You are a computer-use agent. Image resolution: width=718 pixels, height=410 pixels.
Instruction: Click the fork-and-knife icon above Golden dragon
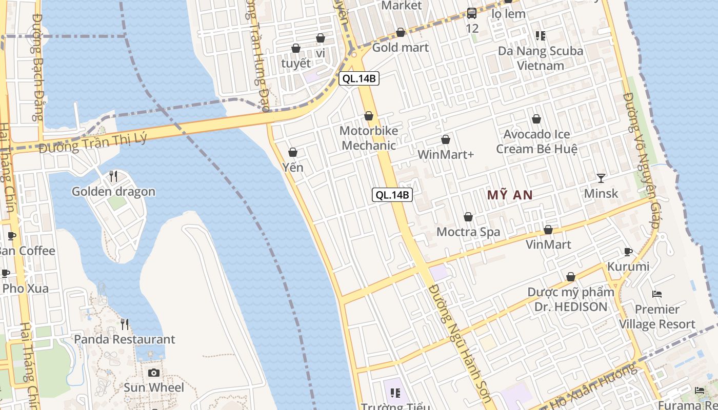pyautogui.click(x=113, y=176)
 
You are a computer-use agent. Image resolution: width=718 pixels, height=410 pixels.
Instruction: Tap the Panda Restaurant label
pyautogui.click(x=125, y=339)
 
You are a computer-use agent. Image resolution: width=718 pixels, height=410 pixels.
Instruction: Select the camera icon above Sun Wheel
pyautogui.click(x=154, y=373)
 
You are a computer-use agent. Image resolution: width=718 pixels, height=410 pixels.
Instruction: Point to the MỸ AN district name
pyautogui.click(x=510, y=195)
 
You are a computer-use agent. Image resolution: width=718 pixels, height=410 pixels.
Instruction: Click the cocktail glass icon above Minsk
pyautogui.click(x=601, y=178)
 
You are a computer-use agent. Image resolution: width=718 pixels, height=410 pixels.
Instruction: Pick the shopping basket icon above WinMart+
pyautogui.click(x=446, y=139)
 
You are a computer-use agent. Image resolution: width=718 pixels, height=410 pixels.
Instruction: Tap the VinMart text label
pyautogui.click(x=548, y=244)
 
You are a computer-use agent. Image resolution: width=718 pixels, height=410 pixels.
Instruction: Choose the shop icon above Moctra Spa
pyautogui.click(x=468, y=217)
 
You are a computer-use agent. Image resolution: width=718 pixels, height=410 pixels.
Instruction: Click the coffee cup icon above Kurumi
pyautogui.click(x=628, y=252)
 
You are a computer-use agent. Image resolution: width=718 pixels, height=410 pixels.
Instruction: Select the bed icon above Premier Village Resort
pyautogui.click(x=657, y=294)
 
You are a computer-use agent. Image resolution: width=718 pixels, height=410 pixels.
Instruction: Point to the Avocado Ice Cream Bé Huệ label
pyautogui.click(x=536, y=141)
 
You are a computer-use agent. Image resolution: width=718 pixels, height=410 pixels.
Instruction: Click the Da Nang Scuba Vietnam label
pyautogui.click(x=541, y=58)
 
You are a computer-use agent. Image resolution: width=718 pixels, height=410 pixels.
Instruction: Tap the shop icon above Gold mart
pyautogui.click(x=401, y=33)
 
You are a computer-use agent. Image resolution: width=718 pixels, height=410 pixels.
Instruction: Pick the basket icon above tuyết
pyautogui.click(x=296, y=49)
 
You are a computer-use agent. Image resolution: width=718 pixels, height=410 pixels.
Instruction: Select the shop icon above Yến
pyautogui.click(x=293, y=152)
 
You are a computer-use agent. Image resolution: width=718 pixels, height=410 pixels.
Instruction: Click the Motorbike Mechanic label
pyautogui.click(x=369, y=138)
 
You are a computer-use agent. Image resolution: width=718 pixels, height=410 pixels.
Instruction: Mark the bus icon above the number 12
pyautogui.click(x=472, y=13)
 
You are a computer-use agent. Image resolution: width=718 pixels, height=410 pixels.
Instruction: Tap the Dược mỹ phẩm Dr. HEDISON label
pyautogui.click(x=571, y=299)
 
